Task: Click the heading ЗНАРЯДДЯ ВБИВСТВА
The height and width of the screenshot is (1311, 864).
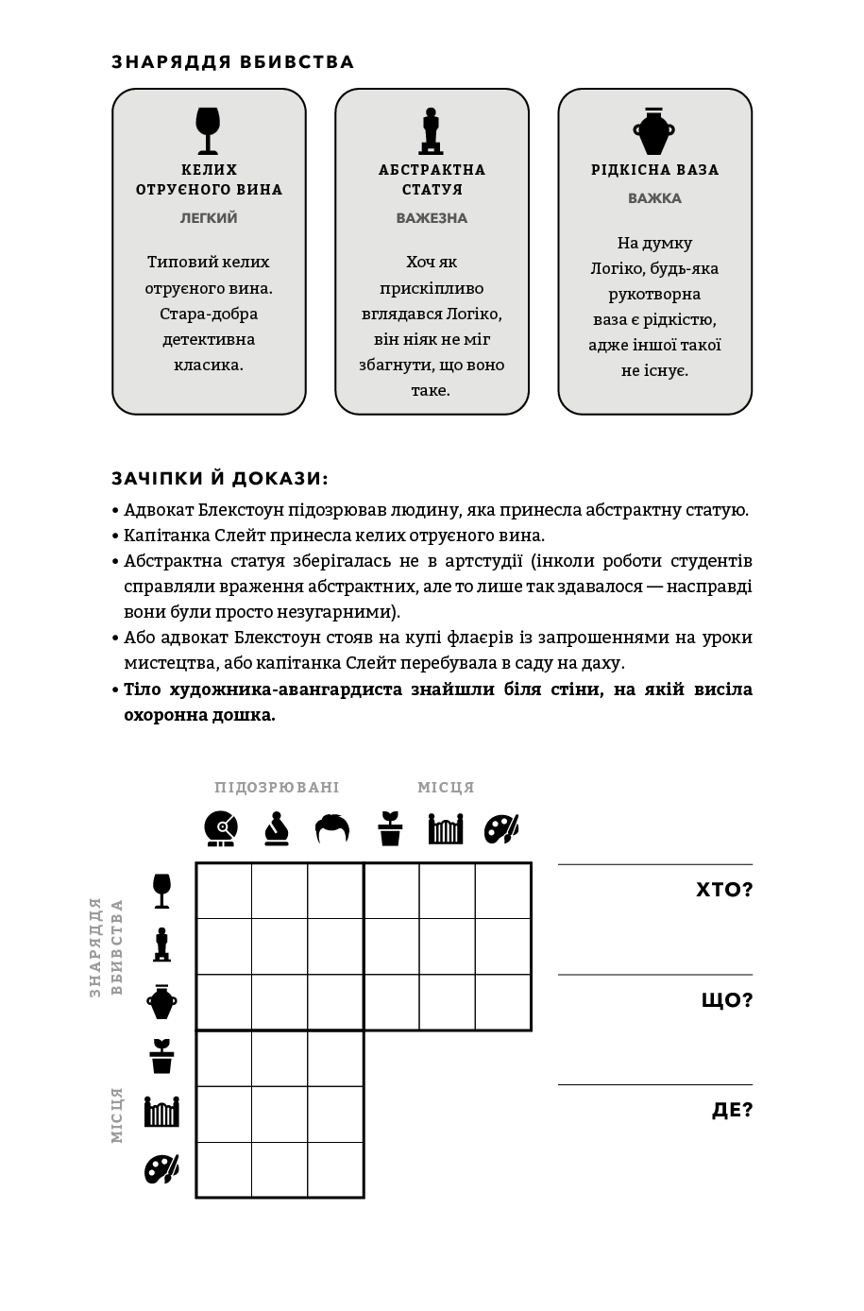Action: pyautogui.click(x=232, y=62)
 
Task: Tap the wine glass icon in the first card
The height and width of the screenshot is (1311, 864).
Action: pyautogui.click(x=208, y=130)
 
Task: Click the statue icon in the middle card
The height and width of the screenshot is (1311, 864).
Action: pyautogui.click(x=432, y=130)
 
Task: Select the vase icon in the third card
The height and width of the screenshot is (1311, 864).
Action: pyautogui.click(x=654, y=130)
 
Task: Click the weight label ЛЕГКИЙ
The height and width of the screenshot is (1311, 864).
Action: pyautogui.click(x=209, y=218)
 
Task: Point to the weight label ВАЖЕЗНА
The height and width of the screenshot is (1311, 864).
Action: pyautogui.click(x=432, y=218)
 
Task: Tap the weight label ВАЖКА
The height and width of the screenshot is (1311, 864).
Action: pyautogui.click(x=654, y=198)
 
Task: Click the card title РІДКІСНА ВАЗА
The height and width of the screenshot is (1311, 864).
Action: pyautogui.click(x=654, y=170)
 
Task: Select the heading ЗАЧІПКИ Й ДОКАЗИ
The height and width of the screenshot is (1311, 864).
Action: pyautogui.click(x=220, y=479)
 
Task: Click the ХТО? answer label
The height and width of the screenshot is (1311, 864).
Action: pyautogui.click(x=723, y=890)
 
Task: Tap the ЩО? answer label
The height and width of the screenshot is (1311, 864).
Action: pyautogui.click(x=726, y=1000)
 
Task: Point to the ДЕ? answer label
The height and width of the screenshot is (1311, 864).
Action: pyautogui.click(x=732, y=1110)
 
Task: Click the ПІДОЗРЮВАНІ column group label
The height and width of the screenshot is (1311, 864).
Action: pyautogui.click(x=277, y=788)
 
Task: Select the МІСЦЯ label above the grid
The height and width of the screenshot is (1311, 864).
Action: pyautogui.click(x=446, y=788)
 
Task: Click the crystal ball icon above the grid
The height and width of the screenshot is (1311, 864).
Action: pyautogui.click(x=221, y=828)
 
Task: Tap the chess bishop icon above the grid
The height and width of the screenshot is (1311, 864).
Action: pyautogui.click(x=277, y=828)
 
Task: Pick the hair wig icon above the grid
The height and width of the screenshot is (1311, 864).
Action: pyautogui.click(x=332, y=828)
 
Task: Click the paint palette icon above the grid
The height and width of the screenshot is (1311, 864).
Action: pyautogui.click(x=501, y=828)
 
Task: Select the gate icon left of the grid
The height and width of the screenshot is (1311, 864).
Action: pyautogui.click(x=161, y=1112)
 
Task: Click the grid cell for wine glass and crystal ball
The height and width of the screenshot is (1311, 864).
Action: pyautogui.click(x=224, y=891)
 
